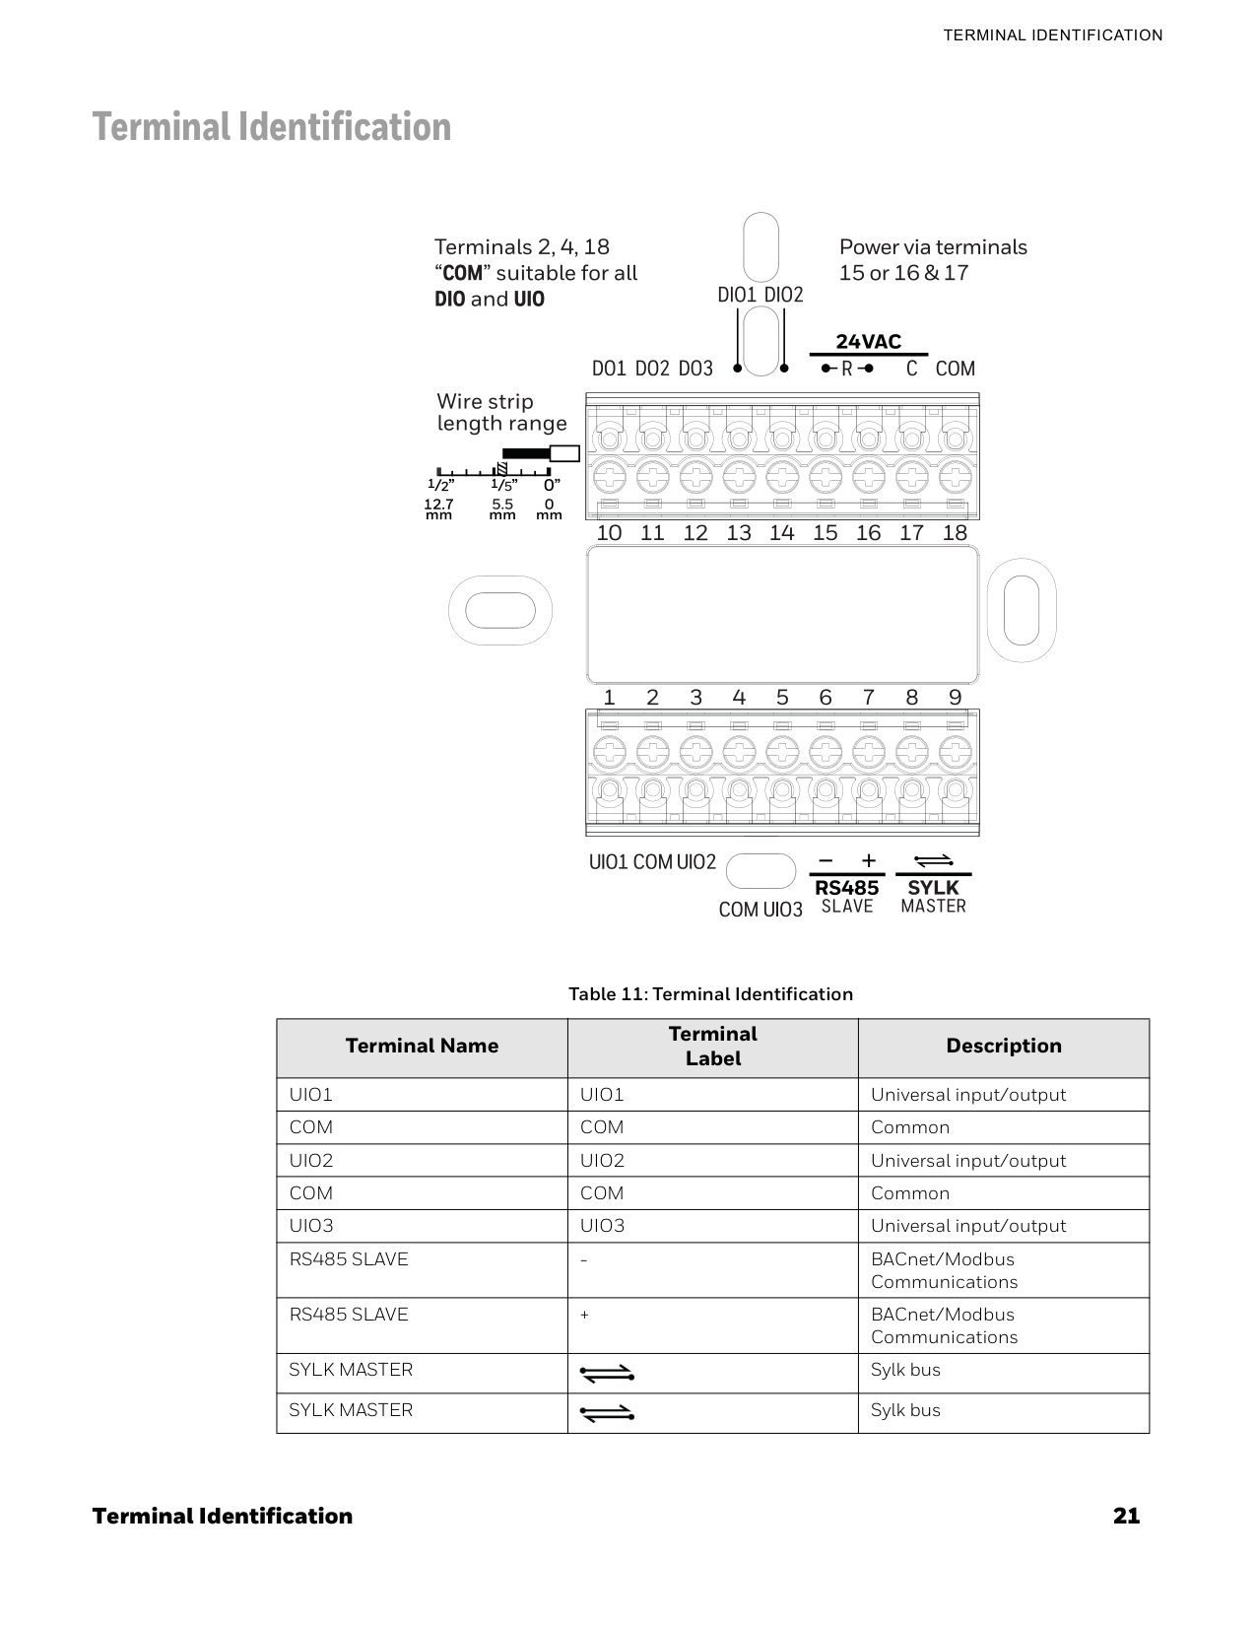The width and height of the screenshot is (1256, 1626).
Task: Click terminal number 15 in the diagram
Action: click(x=825, y=533)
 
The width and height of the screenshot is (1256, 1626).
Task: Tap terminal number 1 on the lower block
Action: click(x=609, y=698)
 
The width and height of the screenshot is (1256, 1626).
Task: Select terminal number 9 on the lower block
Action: click(x=955, y=698)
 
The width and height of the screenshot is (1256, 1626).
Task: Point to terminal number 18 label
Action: click(x=955, y=533)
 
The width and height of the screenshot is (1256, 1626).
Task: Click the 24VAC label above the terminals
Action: click(x=868, y=342)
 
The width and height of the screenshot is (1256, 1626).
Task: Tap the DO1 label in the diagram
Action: click(x=609, y=369)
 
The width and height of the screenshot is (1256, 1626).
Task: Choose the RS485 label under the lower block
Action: click(x=846, y=888)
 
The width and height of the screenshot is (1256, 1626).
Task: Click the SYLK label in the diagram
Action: click(x=933, y=888)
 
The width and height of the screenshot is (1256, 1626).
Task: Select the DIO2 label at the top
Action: click(x=784, y=295)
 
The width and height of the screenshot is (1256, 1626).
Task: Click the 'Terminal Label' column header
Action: click(x=712, y=1047)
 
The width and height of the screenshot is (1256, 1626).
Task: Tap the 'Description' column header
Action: click(x=1003, y=1047)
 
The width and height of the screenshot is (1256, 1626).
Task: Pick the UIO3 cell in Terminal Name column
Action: click(x=311, y=1226)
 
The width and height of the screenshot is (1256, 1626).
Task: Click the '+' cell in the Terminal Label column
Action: click(x=585, y=1316)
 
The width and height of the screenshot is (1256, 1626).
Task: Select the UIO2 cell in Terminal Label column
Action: click(x=602, y=1161)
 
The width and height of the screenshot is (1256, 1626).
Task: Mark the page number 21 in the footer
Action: click(x=1126, y=1516)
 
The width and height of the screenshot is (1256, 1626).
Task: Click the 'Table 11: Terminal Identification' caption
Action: click(x=710, y=994)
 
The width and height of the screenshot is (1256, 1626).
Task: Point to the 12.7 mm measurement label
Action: click(x=438, y=508)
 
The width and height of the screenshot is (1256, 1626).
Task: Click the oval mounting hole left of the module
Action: click(x=500, y=610)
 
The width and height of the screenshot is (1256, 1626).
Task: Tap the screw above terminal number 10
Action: click(x=610, y=478)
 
